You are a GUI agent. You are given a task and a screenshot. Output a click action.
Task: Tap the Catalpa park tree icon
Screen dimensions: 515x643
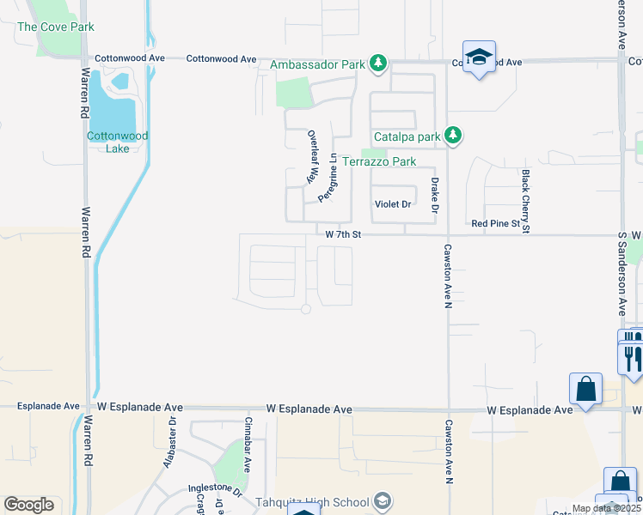click(455, 136)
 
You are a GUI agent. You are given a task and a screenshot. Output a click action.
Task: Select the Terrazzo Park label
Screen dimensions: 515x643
click(379, 161)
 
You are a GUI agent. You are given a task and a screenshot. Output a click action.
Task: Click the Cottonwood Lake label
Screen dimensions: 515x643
click(117, 142)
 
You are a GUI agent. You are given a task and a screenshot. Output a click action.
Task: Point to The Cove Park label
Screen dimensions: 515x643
click(55, 27)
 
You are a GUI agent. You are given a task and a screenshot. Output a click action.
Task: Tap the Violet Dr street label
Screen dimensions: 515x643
click(394, 204)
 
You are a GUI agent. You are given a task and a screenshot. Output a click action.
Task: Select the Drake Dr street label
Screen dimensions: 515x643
click(435, 195)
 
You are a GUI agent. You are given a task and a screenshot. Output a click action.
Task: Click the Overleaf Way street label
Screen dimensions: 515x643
click(314, 157)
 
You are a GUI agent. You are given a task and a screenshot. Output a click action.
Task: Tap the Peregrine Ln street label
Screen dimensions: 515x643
click(328, 178)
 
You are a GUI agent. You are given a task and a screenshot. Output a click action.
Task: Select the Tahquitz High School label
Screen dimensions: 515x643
click(312, 502)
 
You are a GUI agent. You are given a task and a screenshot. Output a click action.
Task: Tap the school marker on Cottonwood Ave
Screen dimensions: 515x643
click(479, 58)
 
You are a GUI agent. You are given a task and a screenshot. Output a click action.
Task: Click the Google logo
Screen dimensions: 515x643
click(28, 505)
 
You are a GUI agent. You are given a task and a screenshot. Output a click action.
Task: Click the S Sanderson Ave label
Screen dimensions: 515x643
click(622, 272)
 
